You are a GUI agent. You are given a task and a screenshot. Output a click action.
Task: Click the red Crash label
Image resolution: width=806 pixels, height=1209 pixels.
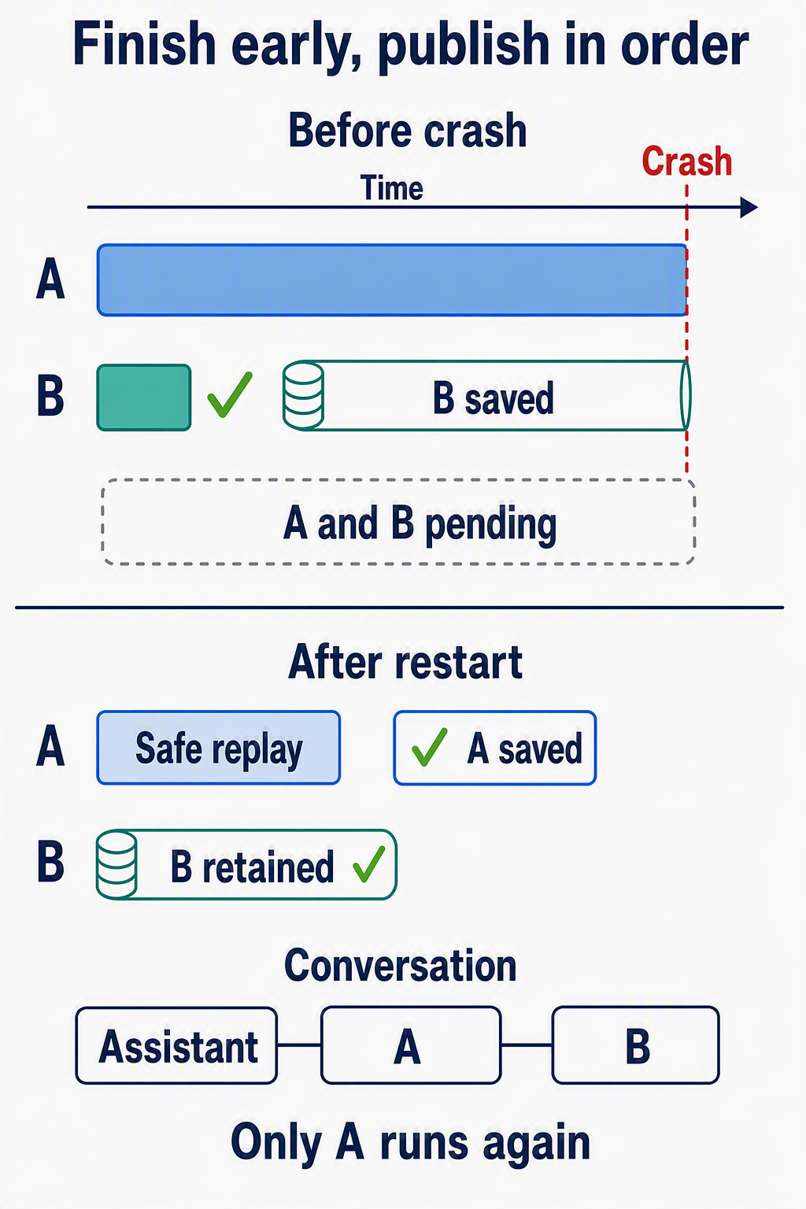pyautogui.click(x=686, y=161)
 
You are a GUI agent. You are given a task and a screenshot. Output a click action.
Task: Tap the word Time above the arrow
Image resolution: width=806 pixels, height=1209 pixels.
pyautogui.click(x=392, y=188)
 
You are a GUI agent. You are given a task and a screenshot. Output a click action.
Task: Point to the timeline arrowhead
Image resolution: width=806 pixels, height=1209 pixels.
pyautogui.click(x=749, y=207)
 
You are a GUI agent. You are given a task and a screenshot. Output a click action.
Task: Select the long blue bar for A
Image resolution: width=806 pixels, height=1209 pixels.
pyautogui.click(x=392, y=280)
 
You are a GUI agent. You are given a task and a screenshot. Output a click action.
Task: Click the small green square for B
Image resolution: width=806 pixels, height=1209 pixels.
pyautogui.click(x=143, y=397)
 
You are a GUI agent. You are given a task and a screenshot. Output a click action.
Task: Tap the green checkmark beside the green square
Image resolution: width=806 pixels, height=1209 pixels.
pyautogui.click(x=229, y=394)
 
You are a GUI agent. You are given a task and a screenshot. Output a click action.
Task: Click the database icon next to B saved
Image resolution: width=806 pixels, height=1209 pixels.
pyautogui.click(x=303, y=396)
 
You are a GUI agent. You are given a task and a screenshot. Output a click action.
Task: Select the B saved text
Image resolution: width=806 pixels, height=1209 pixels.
pyautogui.click(x=494, y=398)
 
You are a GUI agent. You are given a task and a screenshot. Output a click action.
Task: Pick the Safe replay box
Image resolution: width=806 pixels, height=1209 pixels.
pyautogui.click(x=219, y=748)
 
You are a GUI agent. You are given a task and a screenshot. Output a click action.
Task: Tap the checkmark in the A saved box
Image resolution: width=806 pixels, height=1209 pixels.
pyautogui.click(x=429, y=747)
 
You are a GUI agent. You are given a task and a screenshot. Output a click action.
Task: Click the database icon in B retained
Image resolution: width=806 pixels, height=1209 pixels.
pyautogui.click(x=116, y=865)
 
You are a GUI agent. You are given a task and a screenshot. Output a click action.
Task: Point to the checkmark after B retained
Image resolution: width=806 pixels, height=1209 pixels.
pyautogui.click(x=369, y=864)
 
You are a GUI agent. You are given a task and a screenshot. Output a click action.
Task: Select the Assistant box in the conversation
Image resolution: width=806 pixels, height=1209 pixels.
pyautogui.click(x=176, y=1045)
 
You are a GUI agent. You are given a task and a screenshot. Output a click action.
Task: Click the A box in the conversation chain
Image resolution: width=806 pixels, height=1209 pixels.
pyautogui.click(x=411, y=1045)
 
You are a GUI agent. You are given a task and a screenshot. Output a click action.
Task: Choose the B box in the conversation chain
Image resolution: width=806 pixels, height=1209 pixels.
pyautogui.click(x=635, y=1045)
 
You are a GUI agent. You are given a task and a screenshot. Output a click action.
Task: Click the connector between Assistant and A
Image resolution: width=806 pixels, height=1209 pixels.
pyautogui.click(x=300, y=1045)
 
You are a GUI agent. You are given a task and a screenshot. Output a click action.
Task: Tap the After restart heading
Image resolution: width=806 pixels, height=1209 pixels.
pyautogui.click(x=405, y=662)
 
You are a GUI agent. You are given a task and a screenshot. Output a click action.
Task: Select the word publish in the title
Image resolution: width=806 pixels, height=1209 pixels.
pyautogui.click(x=464, y=45)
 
